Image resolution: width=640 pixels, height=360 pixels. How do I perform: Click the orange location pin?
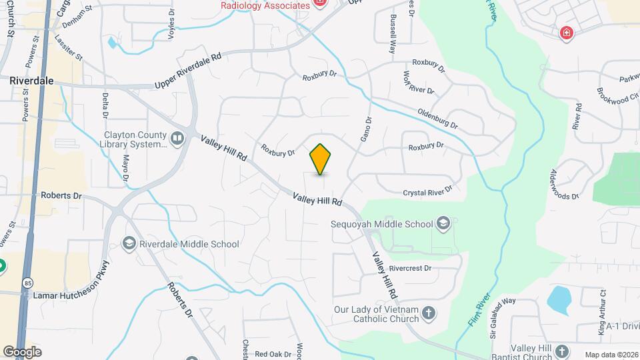(321, 159)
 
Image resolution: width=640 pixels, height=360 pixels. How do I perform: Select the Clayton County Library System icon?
(177, 138)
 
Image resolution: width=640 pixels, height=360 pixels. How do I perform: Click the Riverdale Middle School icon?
(129, 244)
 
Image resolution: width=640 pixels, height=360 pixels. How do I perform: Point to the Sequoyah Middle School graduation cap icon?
(444, 224)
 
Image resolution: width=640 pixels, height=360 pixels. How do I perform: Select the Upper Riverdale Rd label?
(187, 72)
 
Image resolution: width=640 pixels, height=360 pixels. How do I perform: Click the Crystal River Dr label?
(427, 192)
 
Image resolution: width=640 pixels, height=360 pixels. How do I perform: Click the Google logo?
(22, 352)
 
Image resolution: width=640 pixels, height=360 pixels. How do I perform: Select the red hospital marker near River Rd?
(567, 32)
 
